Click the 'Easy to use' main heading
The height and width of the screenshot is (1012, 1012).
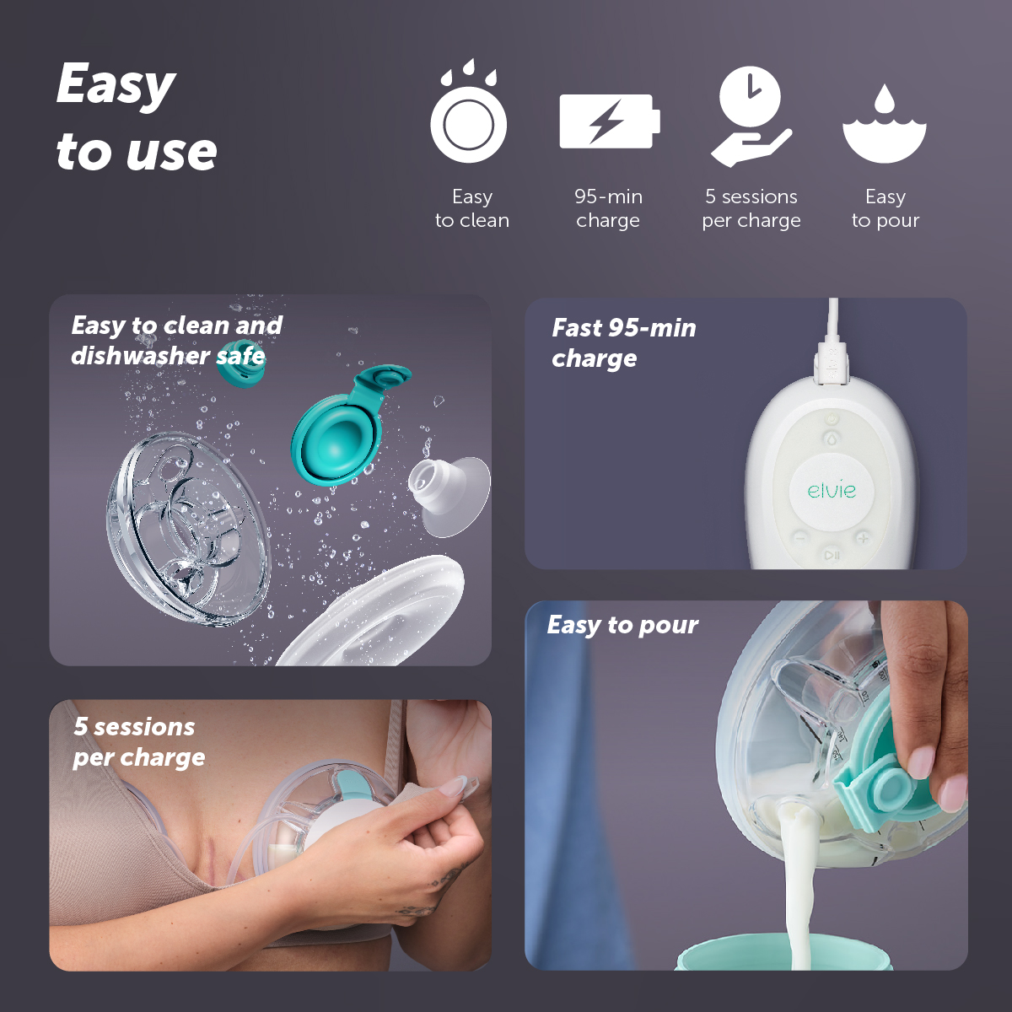pyautogui.click(x=137, y=118)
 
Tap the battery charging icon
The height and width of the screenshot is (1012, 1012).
pyautogui.click(x=609, y=121)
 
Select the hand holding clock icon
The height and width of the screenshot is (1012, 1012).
pyautogui.click(x=750, y=116)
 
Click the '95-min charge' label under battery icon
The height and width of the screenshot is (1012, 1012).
pyautogui.click(x=608, y=208)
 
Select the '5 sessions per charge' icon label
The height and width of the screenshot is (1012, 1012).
pyautogui.click(x=751, y=208)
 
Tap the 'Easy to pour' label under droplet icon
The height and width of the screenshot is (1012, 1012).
pyautogui.click(x=885, y=208)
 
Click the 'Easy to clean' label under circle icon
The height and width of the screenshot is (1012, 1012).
pyautogui.click(x=471, y=208)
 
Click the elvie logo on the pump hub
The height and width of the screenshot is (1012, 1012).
pyautogui.click(x=832, y=490)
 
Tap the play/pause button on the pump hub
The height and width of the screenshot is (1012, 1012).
pyautogui.click(x=832, y=555)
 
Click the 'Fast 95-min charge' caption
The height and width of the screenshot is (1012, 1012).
pyautogui.click(x=623, y=342)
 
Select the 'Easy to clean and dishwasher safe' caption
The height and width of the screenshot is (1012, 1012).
pyautogui.click(x=176, y=340)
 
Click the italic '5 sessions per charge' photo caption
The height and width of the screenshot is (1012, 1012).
pyautogui.click(x=138, y=741)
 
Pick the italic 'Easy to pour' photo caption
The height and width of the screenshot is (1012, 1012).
pyautogui.click(x=622, y=625)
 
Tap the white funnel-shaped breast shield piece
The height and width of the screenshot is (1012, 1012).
pyautogui.click(x=450, y=494)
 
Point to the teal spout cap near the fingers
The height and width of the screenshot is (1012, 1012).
pyautogui.click(x=885, y=789)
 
